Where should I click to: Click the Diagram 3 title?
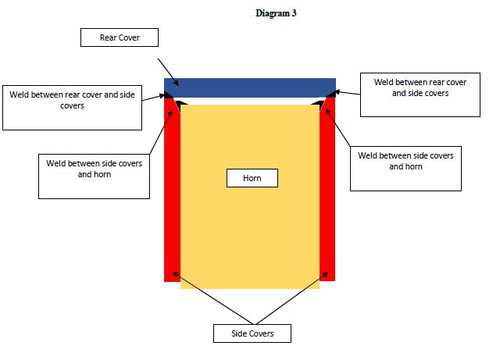276,13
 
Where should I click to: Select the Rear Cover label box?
120,37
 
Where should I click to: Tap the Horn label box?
252,178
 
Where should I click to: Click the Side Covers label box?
252,333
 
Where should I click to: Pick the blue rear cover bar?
250,87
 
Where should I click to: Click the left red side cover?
172,190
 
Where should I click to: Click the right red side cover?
327,190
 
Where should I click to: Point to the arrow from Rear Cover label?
169,72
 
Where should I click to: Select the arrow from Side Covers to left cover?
213,298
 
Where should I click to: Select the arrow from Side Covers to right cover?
292,298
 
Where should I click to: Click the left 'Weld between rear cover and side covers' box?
72,108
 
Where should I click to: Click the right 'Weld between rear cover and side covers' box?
420,94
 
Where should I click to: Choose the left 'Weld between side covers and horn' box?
94,176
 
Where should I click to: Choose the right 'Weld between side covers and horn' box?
405,169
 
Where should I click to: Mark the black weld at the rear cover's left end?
168,95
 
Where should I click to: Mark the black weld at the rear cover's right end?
331,94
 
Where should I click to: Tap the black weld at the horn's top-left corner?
182,105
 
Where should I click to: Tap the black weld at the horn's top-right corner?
318,104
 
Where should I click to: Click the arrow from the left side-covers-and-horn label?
161,132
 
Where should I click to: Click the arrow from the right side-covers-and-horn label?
337,127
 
